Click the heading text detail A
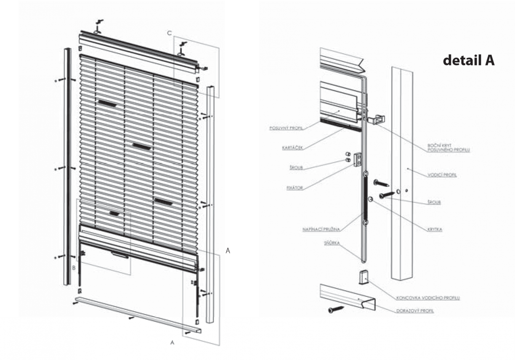point(468,61)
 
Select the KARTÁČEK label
point(292,147)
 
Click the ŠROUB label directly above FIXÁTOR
point(297,167)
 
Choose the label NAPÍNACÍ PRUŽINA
point(321,230)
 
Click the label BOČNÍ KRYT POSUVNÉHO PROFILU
point(446,148)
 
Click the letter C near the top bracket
point(169,32)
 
